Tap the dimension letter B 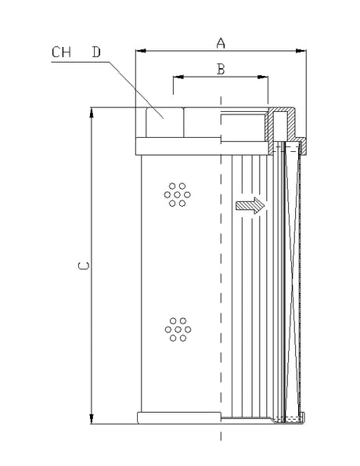tap(220, 69)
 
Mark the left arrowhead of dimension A tap(140, 52)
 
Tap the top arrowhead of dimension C tap(92, 111)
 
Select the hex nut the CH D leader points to tap(164, 122)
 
